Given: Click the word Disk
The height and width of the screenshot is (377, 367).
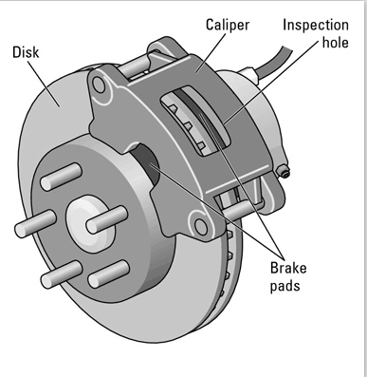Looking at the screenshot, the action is coord(26,52).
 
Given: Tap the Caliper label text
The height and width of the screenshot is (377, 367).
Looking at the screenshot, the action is coord(228,25).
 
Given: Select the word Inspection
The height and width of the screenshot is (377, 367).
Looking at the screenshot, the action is coord(316,25).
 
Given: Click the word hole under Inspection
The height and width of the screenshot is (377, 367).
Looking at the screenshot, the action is coord(335,42).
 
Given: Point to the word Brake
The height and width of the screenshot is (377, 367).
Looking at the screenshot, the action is coord(288,268).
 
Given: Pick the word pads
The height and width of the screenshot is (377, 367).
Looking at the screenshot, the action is coord(284,286).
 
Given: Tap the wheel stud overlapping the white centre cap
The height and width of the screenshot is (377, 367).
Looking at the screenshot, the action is coord(106,219).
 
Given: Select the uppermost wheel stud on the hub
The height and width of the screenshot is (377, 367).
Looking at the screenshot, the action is coord(62,177).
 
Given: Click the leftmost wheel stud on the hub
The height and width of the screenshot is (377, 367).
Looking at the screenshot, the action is coord(35,224).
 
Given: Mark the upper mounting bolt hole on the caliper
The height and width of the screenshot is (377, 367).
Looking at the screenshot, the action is coord(99,85).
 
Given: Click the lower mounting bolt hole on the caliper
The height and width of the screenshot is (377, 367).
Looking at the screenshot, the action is coord(201,226).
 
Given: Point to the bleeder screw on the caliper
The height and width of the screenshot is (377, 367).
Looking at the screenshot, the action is coord(283,171).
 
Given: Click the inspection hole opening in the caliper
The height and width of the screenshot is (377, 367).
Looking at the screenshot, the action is coord(195,121).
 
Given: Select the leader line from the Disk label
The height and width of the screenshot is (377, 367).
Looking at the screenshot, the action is coord(44,84).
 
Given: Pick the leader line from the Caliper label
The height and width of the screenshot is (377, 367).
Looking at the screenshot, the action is coord(211,52).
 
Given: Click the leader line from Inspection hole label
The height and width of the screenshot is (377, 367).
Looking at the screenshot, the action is coord(271,83).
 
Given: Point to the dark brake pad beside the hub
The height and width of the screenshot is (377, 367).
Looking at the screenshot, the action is coord(145,163).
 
